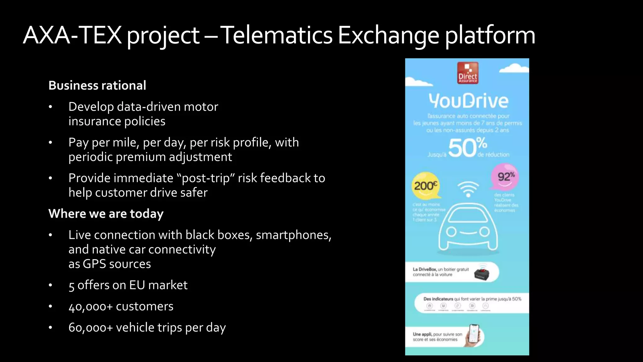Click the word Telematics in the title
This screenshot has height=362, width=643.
point(276,35)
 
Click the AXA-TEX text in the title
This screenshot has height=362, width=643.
point(72,35)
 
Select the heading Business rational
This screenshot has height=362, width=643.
point(97,85)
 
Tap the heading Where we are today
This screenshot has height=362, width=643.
point(106,214)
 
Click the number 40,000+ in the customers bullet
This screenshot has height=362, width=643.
point(90,306)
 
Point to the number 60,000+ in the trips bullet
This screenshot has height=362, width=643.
point(90,328)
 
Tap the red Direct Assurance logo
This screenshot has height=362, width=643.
point(467,73)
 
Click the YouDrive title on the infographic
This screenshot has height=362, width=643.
point(468,101)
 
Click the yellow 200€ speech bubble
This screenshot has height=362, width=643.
point(425,186)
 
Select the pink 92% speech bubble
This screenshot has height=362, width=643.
point(505,177)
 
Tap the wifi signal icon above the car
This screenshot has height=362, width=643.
point(468,189)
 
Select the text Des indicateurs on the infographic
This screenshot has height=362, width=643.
point(438,299)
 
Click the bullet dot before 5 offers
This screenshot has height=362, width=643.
point(50,285)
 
